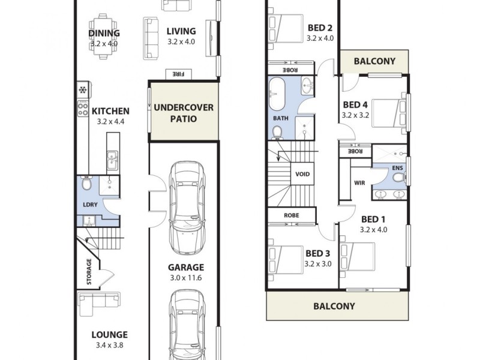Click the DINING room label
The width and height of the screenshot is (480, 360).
pyautogui.click(x=104, y=34)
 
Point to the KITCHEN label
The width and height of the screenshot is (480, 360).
pyautogui.click(x=110, y=111)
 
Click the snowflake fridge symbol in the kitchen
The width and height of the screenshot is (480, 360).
pyautogui.click(x=82, y=91)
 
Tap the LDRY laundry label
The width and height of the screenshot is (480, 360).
pyautogui.click(x=89, y=204)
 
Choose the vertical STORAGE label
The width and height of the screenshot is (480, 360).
pyautogui.click(x=89, y=271)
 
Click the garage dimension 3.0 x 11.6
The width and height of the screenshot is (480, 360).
pyautogui.click(x=185, y=278)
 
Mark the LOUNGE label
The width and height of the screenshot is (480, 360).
pyautogui.click(x=109, y=335)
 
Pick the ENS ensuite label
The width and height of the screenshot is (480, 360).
pyautogui.click(x=397, y=168)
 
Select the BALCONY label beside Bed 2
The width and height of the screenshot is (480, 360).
pyautogui.click(x=374, y=61)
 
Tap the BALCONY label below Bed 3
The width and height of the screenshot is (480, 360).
pyautogui.click(x=334, y=306)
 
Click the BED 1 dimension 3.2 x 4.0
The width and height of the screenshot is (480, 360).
pyautogui.click(x=374, y=229)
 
